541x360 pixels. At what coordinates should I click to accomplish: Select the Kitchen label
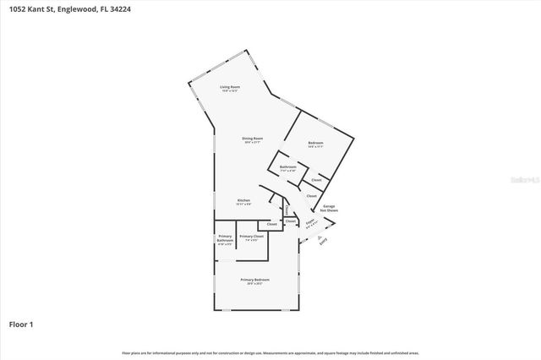[x=243, y=199]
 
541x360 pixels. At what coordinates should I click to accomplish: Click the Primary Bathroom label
[x=225, y=238]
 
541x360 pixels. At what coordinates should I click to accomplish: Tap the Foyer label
[x=310, y=221]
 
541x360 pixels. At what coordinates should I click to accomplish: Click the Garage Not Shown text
[x=330, y=208]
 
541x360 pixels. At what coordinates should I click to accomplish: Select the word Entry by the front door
[x=321, y=241]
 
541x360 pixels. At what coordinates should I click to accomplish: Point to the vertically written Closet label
[x=287, y=210]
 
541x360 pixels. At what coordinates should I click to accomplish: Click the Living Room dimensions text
[x=227, y=91]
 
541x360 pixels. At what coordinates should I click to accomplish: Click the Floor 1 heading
[x=21, y=324]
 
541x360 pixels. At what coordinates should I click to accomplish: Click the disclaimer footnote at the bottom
[x=270, y=352]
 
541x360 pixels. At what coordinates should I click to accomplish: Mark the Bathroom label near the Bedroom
[x=287, y=166]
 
